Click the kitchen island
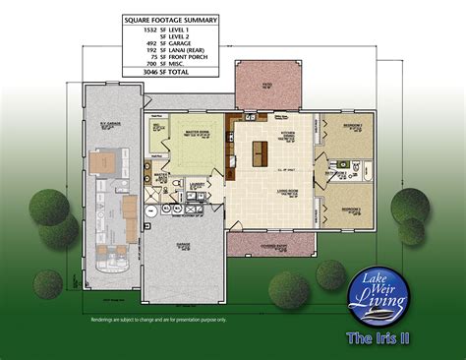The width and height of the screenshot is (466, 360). tap(262, 151)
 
